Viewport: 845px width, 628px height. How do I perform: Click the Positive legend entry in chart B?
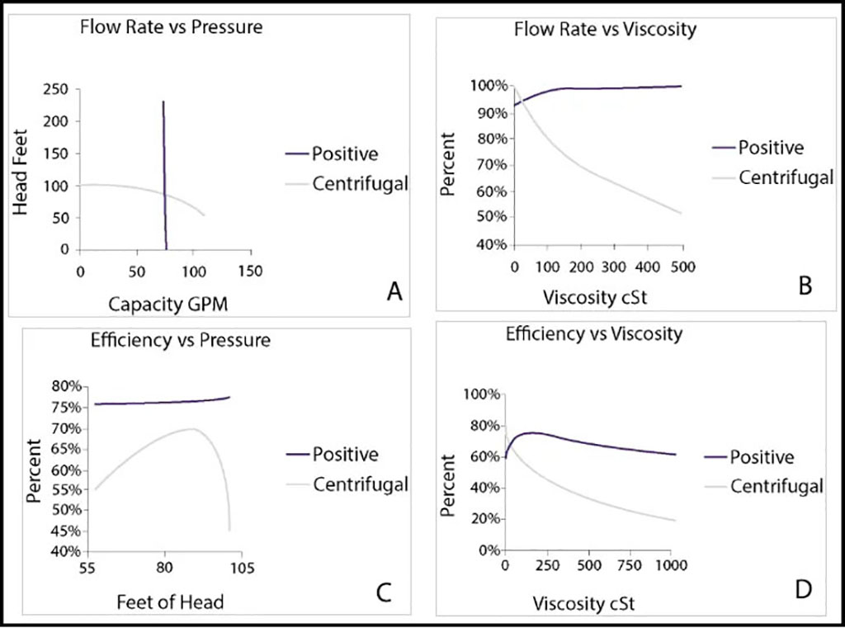coord(771,148)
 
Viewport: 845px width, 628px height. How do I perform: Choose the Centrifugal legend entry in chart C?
coord(360,484)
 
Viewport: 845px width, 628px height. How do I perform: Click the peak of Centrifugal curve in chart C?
coord(191,429)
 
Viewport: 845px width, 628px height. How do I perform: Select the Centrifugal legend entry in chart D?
coord(776,486)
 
